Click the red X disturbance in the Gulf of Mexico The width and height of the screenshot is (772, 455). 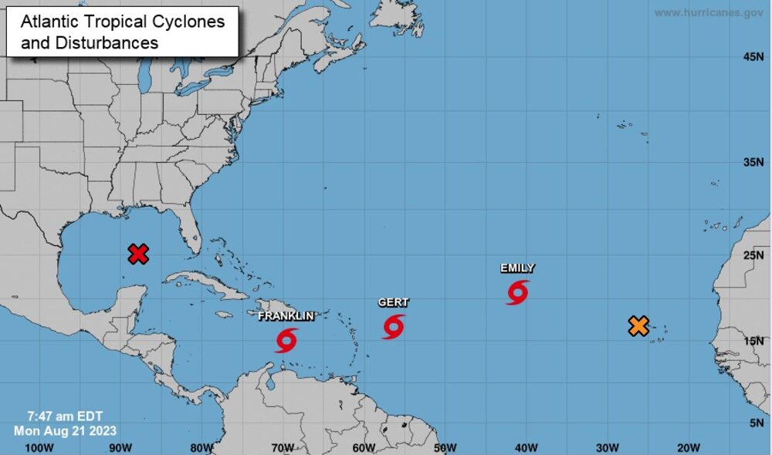pos(138,254)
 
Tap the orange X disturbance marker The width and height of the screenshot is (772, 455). pos(638,325)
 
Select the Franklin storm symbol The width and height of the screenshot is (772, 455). pos(286,339)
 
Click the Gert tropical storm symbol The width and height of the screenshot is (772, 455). pos(393,326)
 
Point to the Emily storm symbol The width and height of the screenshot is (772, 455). pos(518,292)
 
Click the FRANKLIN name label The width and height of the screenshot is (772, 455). pos(286,316)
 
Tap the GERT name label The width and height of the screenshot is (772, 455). pos(393,303)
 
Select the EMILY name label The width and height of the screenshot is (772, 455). pos(517,268)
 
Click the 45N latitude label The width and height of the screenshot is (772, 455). pos(753,57)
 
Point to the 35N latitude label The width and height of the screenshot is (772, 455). pos(753,163)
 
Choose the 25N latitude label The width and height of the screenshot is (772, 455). pos(753,255)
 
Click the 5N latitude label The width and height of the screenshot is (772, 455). pos(757,423)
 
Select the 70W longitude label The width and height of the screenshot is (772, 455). pos(282,447)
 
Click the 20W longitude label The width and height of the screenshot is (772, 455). pos(688,447)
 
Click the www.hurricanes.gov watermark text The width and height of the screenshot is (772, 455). pos(709,13)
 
